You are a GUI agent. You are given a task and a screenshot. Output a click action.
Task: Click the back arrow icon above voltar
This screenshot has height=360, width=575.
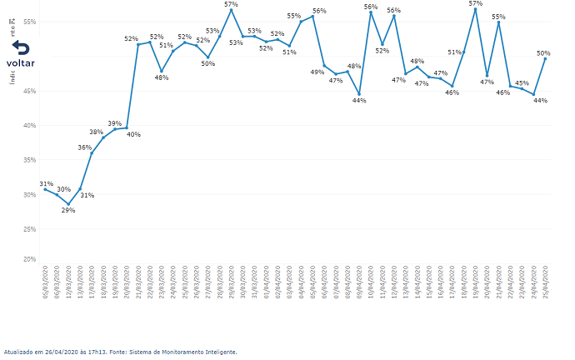pos(20,47)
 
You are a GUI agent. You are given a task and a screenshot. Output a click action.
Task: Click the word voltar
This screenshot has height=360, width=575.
pos(20,63)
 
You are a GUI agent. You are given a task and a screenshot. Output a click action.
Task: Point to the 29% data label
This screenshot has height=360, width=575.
pos(68,210)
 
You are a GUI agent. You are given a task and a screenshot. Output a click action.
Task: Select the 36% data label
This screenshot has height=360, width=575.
pos(85,147)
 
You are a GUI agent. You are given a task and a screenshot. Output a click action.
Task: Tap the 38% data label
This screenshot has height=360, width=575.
pos(97,132)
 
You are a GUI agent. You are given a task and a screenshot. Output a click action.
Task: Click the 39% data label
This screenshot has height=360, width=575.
pos(114,123)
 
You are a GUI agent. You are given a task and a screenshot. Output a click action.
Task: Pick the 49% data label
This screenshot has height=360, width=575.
pos(317,72)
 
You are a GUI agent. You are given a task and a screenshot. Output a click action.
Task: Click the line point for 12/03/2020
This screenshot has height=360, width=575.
pos(68,204)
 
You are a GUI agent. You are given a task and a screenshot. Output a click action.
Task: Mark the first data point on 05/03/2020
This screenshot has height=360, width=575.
pos(45,189)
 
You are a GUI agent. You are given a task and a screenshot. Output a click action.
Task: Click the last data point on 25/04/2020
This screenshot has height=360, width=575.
pos(545,58)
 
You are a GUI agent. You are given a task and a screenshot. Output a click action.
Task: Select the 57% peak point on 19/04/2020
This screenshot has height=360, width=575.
pos(475,9)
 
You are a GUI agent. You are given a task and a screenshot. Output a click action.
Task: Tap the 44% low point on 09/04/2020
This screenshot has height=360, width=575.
pos(359,94)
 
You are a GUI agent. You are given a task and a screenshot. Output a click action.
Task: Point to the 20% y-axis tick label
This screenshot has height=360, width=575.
pos(30,259)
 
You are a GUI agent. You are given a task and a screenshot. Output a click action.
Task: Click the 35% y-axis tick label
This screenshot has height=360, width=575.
pos(30,160)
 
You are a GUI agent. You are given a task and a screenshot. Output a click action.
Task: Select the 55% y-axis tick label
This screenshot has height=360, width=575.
pos(30,22)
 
